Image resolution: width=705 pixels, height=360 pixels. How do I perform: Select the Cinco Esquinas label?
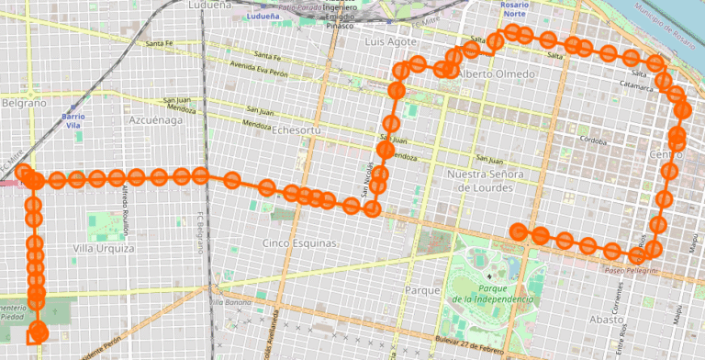299,243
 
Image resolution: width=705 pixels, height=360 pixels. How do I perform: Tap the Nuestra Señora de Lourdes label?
484,180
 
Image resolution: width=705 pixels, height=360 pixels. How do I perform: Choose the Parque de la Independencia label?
492,294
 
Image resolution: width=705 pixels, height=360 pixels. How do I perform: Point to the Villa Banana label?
230,301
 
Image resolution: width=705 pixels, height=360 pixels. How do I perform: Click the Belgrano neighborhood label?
23,104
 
